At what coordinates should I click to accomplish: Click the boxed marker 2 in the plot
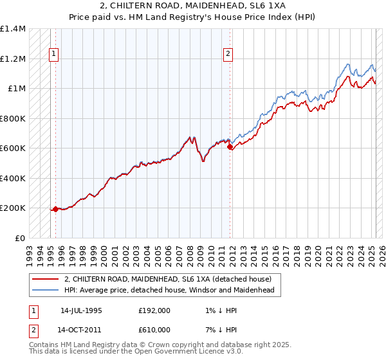click(228, 55)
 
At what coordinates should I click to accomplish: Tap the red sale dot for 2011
click(230, 147)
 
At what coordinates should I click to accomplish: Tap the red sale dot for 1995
click(56, 209)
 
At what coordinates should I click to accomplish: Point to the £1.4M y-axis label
click(13, 29)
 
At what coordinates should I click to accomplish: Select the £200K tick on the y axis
click(13, 208)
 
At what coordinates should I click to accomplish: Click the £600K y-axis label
click(13, 148)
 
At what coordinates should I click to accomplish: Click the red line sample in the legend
click(45, 279)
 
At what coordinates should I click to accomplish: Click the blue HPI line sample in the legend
click(45, 290)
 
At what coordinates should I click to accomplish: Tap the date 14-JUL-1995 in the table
click(81, 310)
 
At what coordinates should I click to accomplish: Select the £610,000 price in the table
click(154, 329)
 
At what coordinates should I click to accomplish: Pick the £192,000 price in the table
click(154, 310)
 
